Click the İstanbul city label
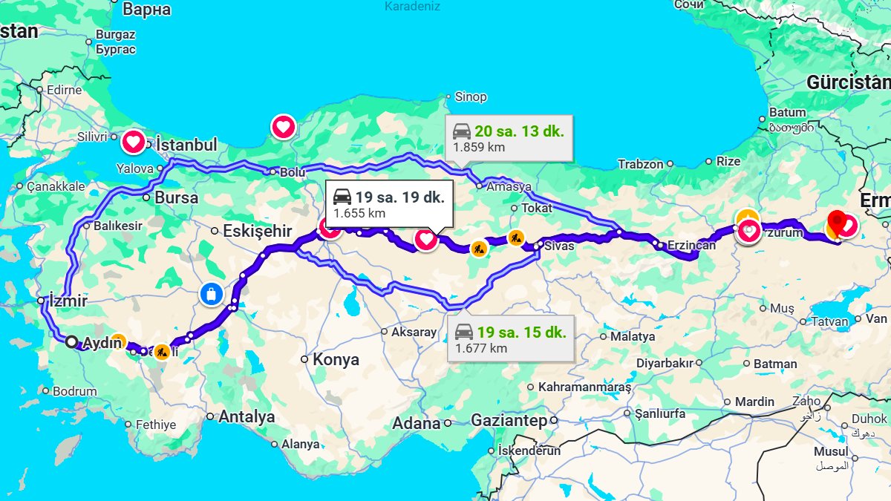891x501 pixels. [186, 145]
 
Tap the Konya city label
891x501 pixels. [336, 360]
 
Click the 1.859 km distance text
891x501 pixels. [479, 147]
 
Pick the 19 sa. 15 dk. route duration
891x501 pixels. [522, 332]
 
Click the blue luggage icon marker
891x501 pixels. [212, 295]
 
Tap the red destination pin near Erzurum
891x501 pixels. [838, 220]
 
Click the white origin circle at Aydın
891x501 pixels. [71, 342]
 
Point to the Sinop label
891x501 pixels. [471, 96]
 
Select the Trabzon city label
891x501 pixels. [640, 164]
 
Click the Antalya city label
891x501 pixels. [247, 417]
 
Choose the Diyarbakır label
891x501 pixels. [665, 363]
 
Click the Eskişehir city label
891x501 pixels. [258, 231]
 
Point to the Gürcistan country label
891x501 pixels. [849, 82]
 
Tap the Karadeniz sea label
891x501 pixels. [412, 7]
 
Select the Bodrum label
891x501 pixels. [75, 391]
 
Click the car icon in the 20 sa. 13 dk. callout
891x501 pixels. [461, 132]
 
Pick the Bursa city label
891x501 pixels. [176, 198]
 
